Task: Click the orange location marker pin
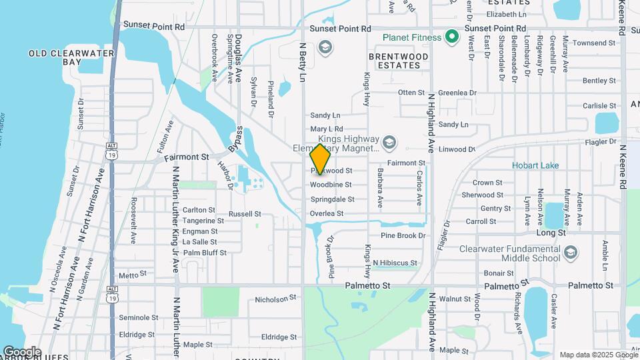coord(320,159)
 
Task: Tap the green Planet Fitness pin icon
coord(452,37)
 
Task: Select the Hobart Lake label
coord(535,165)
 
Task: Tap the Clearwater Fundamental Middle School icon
coord(571,253)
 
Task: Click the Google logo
coord(21,351)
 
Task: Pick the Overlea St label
coord(327,213)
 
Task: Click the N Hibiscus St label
coord(395,263)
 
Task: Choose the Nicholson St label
coord(275,300)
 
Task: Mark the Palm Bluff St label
coord(205,253)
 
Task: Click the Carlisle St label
coord(599,106)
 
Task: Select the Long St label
coord(551,233)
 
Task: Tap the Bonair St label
coord(499,273)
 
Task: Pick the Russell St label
coord(245,214)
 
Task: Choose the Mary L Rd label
coord(326,129)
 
